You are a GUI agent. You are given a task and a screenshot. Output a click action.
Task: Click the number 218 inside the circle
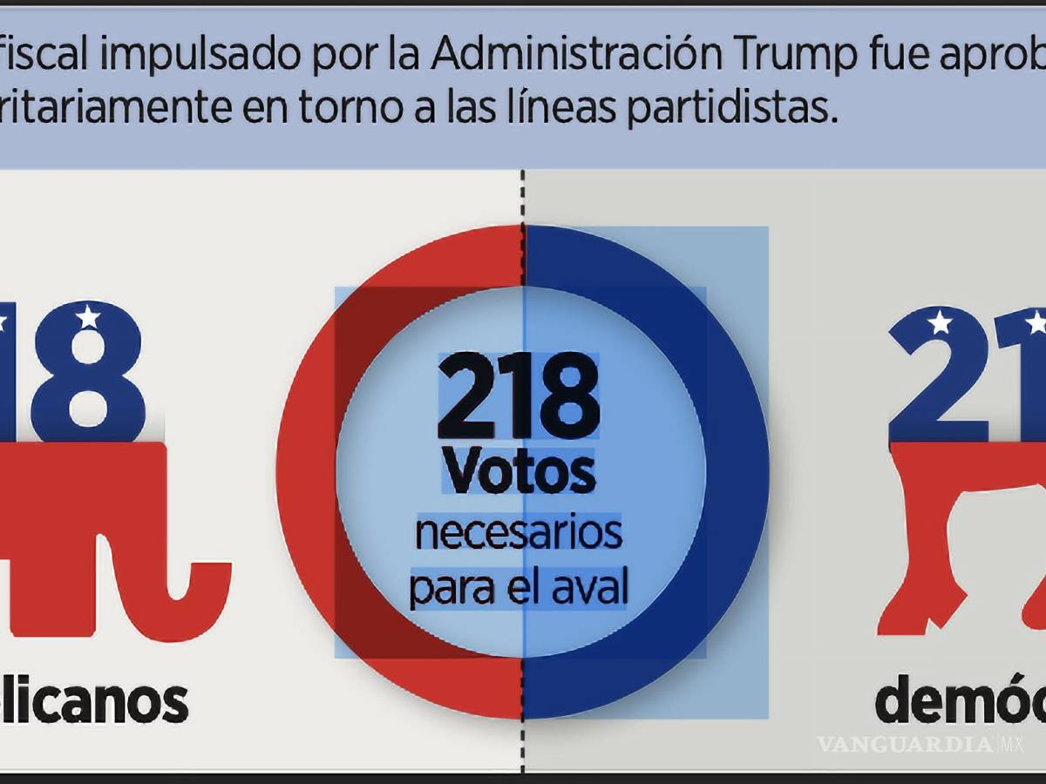[520, 398]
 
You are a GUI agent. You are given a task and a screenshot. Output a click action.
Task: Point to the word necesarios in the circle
[519, 532]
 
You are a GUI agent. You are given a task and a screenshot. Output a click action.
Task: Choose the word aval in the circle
[593, 589]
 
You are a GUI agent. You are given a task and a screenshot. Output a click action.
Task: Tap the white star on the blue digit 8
[88, 317]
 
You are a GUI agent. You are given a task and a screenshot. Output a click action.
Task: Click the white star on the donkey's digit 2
[940, 323]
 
